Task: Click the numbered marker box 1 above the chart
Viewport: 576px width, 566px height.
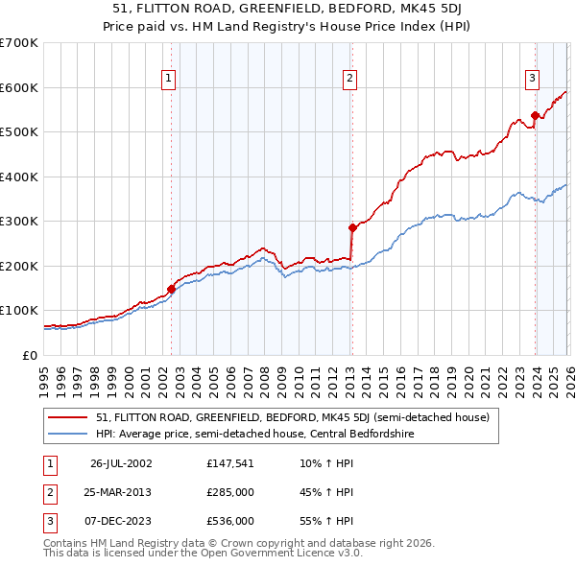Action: click(169, 80)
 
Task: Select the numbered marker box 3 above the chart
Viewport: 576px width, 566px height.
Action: click(531, 80)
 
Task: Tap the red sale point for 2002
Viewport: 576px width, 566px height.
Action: click(171, 288)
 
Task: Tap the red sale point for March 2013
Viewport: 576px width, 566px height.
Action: click(352, 227)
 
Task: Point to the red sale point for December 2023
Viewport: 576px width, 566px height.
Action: click(535, 116)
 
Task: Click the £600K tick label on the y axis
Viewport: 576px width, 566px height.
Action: click(19, 87)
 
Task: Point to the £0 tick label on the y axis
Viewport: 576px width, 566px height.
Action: click(30, 355)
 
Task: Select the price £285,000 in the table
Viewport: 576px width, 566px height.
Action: click(230, 492)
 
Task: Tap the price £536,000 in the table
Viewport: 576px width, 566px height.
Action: click(230, 521)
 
